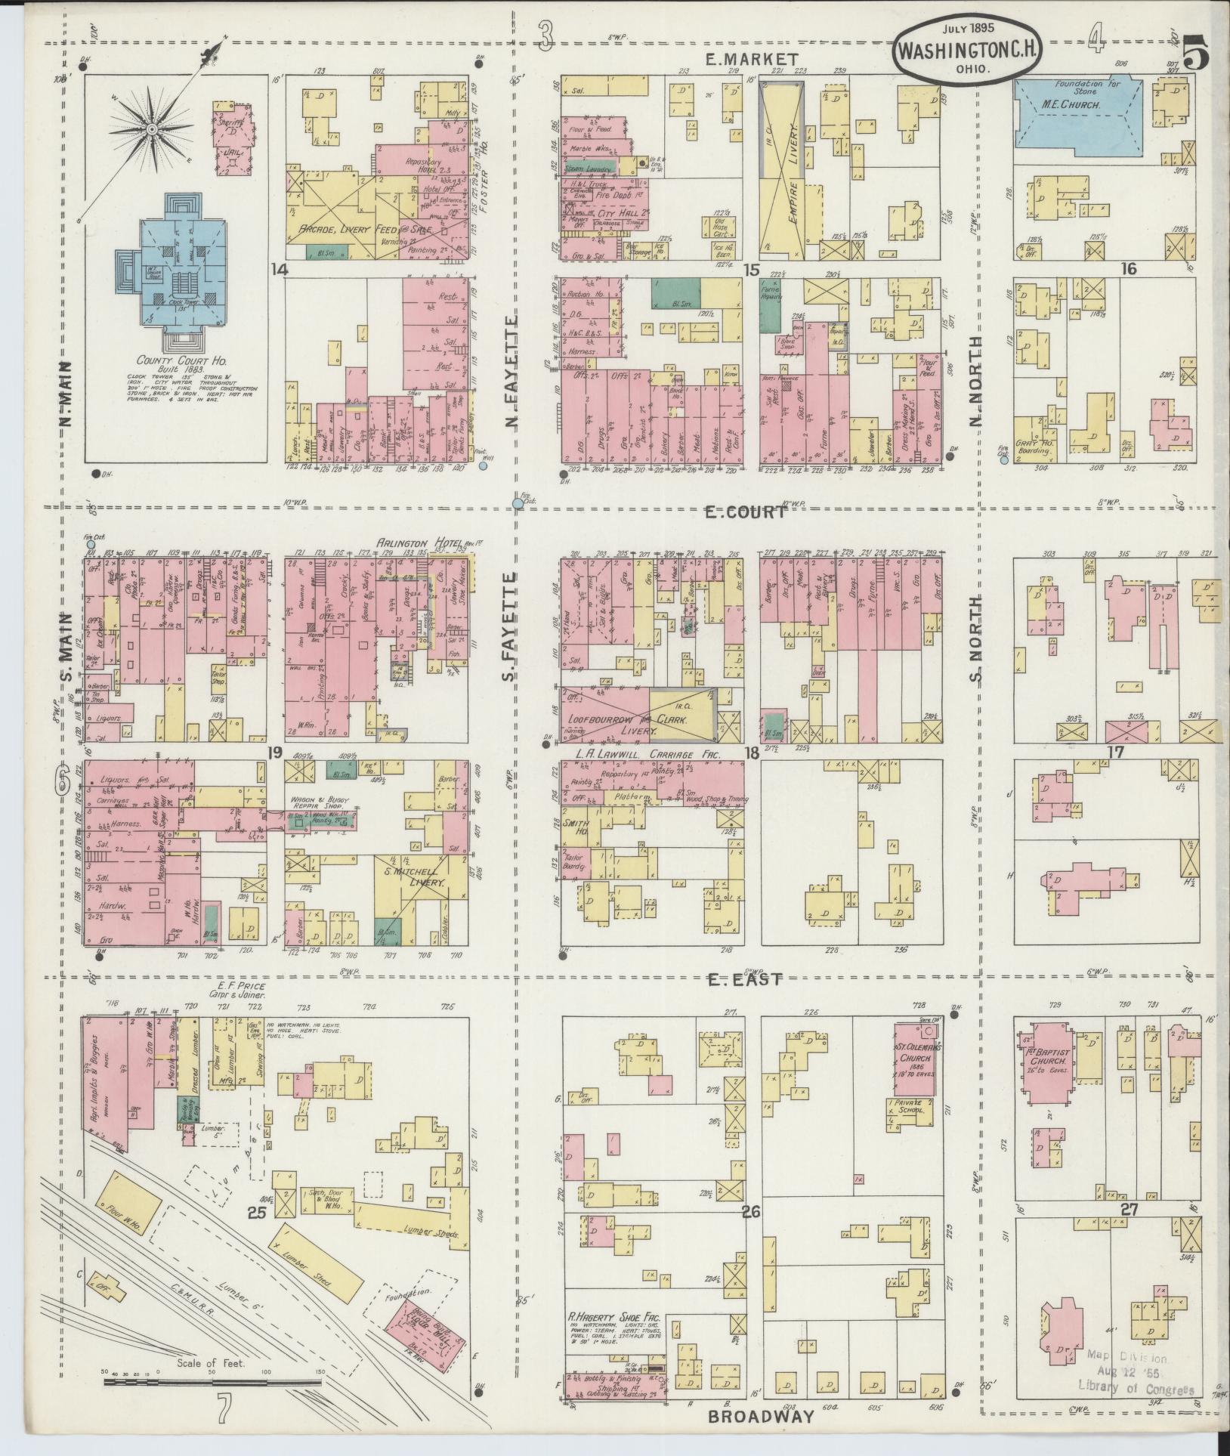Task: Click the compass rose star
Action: (x=152, y=129)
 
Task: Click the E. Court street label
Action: (x=745, y=512)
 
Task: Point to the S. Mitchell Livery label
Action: (x=414, y=876)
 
